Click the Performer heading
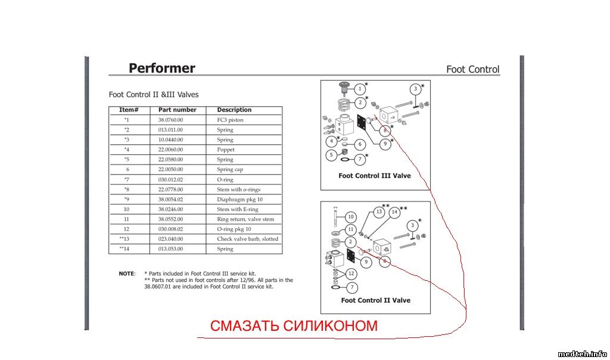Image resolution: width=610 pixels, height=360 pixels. (x=161, y=69)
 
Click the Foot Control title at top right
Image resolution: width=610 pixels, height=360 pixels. (x=472, y=70)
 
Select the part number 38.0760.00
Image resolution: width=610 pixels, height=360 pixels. (x=170, y=120)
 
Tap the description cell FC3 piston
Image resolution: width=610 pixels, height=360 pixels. (x=230, y=120)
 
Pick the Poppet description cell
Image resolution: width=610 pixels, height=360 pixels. (x=226, y=150)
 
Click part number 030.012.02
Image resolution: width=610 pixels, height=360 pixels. (x=170, y=179)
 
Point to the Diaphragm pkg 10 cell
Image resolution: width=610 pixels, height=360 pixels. (x=239, y=200)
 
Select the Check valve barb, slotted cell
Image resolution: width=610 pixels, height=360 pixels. (x=247, y=239)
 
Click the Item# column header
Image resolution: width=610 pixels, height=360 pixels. (x=129, y=110)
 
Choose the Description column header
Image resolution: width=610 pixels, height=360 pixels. (x=234, y=110)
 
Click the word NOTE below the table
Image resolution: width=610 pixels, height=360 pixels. (x=126, y=274)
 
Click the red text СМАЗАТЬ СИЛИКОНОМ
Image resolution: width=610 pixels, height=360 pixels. (x=294, y=326)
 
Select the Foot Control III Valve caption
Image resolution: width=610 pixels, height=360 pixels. (x=374, y=176)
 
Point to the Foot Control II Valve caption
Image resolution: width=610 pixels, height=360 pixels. (x=375, y=300)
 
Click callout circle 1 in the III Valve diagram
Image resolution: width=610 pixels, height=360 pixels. (x=359, y=89)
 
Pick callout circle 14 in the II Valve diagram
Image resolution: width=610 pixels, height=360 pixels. (x=394, y=212)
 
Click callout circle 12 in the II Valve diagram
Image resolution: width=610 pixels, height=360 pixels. (x=351, y=274)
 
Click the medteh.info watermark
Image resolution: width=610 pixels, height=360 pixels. (x=582, y=353)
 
